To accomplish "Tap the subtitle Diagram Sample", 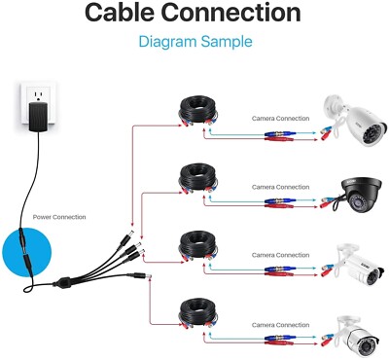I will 194,42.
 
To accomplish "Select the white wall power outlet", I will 37,103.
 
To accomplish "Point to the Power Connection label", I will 59,217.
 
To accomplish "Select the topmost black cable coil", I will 198,108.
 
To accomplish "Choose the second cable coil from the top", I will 198,180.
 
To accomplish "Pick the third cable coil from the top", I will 198,248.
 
